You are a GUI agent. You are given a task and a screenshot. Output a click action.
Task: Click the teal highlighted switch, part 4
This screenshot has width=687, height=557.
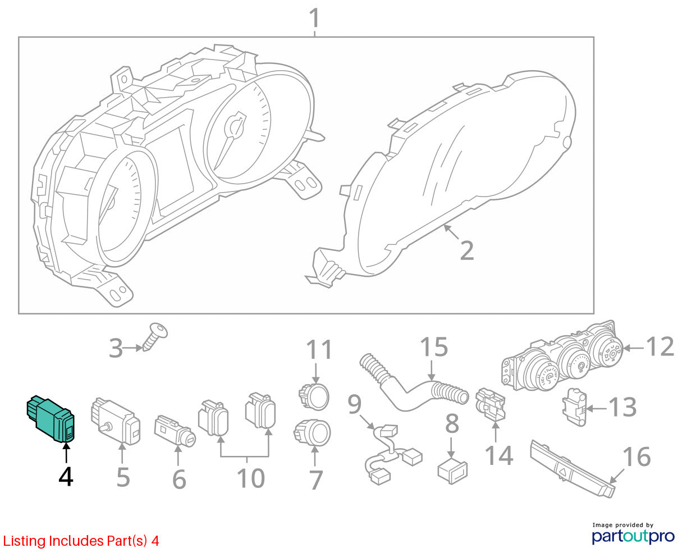point(51,418)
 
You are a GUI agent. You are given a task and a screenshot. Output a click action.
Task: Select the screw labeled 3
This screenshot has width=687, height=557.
point(155,336)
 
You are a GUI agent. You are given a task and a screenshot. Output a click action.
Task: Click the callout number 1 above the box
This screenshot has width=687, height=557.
point(314,18)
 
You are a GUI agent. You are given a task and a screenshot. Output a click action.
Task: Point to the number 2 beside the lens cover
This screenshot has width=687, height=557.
point(467,250)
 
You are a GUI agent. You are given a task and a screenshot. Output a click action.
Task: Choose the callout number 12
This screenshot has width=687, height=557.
point(660,346)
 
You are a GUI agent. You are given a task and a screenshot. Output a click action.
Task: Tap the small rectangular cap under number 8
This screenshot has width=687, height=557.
point(452,472)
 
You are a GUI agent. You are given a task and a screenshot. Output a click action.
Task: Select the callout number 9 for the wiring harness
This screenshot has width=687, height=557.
point(355,404)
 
